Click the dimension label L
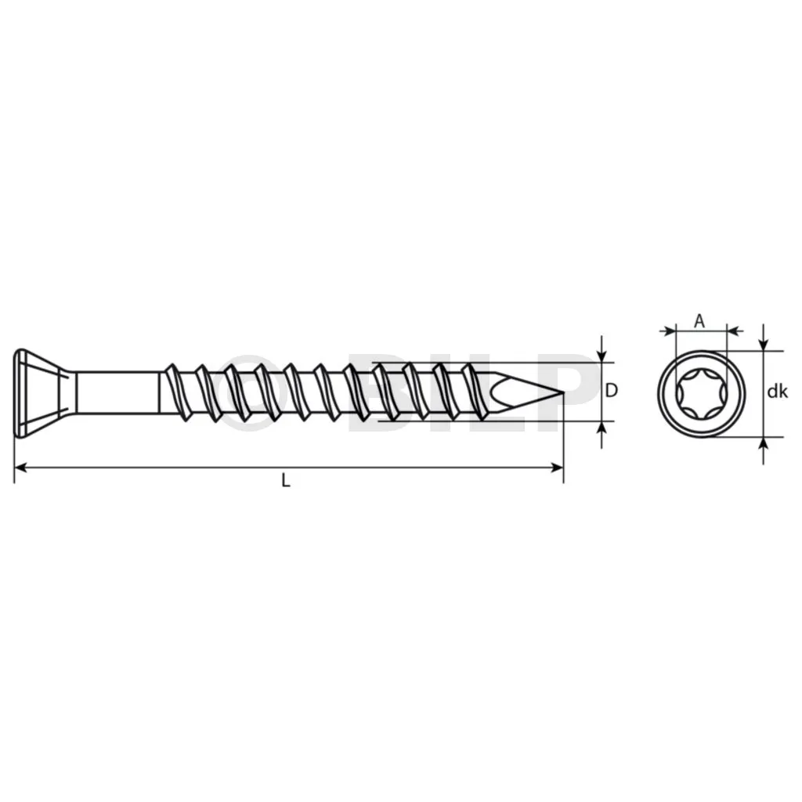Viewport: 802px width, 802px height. (x=286, y=480)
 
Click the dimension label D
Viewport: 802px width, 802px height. (x=611, y=391)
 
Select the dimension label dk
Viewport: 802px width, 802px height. (x=778, y=392)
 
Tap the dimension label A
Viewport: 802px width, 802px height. (x=699, y=321)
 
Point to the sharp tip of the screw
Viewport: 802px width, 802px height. (x=562, y=392)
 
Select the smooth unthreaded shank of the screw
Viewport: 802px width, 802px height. (x=117, y=392)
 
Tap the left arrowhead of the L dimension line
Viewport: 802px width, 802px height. (x=20, y=467)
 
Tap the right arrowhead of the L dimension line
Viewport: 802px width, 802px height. (x=557, y=467)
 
